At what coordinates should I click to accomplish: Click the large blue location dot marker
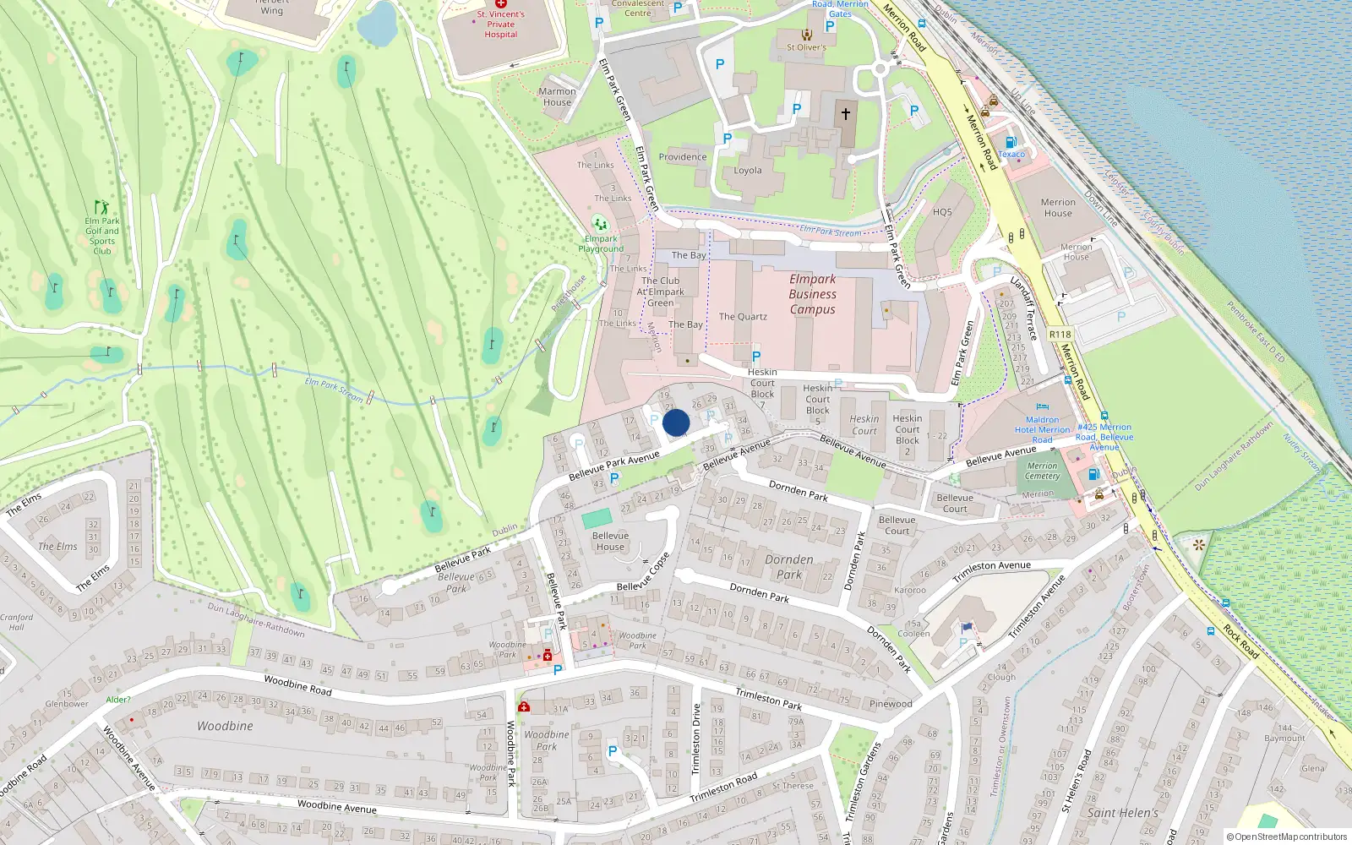coord(676,422)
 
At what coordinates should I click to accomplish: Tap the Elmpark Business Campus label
coord(812,294)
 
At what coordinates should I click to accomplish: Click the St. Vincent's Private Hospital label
coord(501,24)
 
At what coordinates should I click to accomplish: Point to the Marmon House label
coord(557,96)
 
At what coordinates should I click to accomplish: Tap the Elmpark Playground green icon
coord(600,224)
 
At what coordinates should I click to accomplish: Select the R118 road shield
coord(1060,335)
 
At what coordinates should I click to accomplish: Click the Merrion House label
coord(1058,208)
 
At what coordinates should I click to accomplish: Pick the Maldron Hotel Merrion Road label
coord(1042,429)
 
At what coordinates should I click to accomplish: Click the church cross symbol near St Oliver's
coord(845,113)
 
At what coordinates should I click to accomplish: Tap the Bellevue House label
coord(610,541)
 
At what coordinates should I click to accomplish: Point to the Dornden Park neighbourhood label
coord(788,567)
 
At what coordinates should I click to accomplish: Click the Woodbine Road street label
coord(297,684)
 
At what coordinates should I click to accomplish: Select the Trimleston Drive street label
coord(696,739)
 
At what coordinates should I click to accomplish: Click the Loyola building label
coord(748,171)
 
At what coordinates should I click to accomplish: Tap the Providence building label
coord(683,157)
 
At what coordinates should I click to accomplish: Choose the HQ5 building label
coord(942,212)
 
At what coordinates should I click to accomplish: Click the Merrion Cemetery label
coord(1042,471)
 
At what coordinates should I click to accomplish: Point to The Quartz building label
coord(743,317)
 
